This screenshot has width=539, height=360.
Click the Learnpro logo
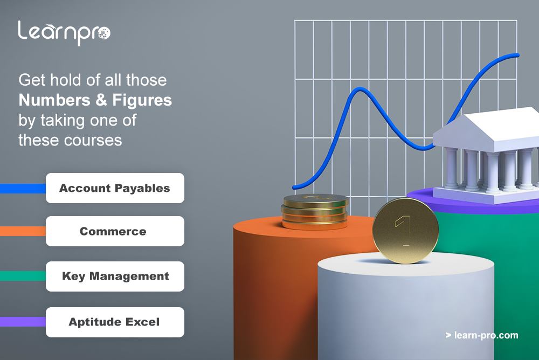point(64,33)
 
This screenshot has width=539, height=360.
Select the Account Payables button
point(115,188)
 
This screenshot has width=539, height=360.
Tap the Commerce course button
point(115,231)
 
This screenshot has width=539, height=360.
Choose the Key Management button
point(115,276)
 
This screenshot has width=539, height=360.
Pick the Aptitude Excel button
point(115,322)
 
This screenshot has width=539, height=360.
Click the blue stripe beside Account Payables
point(23,189)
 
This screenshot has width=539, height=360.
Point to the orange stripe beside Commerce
point(23,231)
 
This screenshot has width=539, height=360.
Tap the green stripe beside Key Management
point(23,276)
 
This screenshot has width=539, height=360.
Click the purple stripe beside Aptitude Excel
point(23,322)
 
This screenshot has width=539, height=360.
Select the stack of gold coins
point(315,211)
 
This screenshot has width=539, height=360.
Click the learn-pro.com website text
point(482,335)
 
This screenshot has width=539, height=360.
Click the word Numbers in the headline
point(54,100)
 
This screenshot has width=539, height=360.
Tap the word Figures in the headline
point(142,100)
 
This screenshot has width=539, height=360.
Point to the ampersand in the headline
point(101,100)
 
